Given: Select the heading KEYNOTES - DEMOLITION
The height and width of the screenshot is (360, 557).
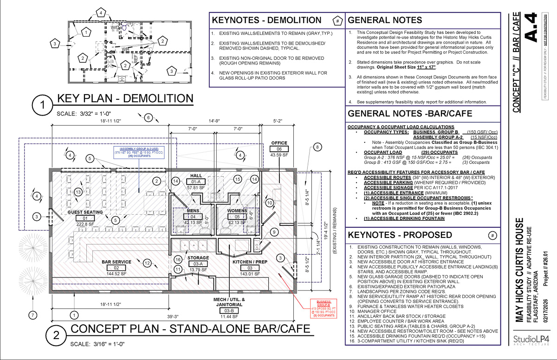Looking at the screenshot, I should click(x=266, y=20).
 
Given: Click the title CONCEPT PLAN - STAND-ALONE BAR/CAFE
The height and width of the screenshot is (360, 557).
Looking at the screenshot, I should click(x=190, y=329).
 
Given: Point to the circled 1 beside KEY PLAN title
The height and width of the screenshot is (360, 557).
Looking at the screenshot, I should click(x=43, y=106).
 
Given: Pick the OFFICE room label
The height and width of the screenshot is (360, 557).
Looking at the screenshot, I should click(x=279, y=143).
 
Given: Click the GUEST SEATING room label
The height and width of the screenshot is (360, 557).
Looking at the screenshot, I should click(x=85, y=212).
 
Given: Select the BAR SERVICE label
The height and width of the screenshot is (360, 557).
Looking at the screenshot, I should click(x=117, y=262).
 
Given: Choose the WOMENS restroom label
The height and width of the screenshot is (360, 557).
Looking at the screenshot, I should click(x=237, y=210).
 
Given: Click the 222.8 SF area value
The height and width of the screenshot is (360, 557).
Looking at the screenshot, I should click(x=85, y=224).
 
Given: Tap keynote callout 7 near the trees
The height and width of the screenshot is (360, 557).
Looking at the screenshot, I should click(x=32, y=316).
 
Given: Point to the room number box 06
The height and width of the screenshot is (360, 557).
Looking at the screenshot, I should click(x=279, y=148).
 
